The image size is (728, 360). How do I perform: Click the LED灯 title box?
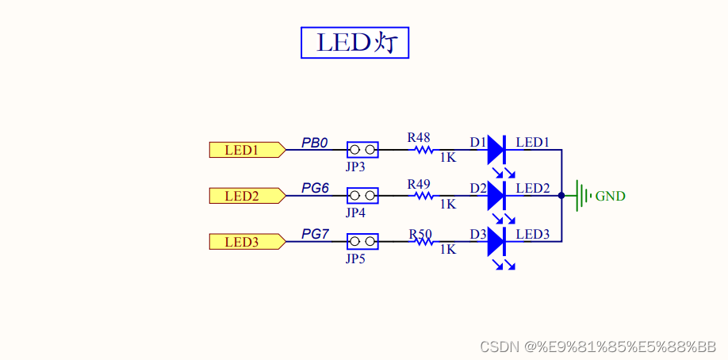coord(354,43)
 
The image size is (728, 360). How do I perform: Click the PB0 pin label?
coord(315,143)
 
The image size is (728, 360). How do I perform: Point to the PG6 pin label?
coord(315,189)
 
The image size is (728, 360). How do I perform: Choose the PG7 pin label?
coord(315,235)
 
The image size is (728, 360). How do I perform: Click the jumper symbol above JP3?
coord(362,149)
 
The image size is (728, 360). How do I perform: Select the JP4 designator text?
coord(355,213)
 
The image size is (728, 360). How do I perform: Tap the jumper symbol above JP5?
coord(362,241)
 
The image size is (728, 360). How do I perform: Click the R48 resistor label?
coord(419,137)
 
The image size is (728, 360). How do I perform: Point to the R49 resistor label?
coord(419,183)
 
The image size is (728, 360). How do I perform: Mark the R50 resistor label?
coord(420,234)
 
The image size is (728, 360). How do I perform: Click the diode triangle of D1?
coord(496,149)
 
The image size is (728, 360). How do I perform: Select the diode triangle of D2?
coord(496,194)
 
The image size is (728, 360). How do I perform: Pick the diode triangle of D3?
coord(496,240)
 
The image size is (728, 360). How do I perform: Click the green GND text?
coord(610,196)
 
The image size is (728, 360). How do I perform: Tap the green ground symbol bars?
coord(584,195)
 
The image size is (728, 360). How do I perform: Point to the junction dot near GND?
coord(561,195)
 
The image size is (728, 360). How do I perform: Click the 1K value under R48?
coord(447,158)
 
